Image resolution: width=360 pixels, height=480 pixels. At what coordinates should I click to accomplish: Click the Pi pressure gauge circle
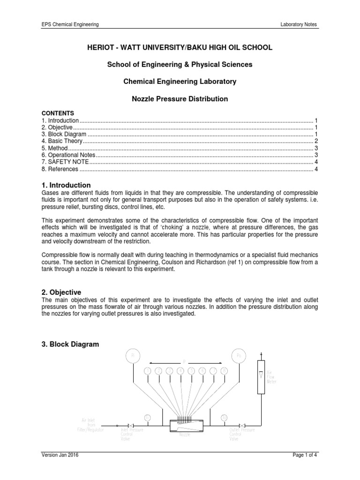133,356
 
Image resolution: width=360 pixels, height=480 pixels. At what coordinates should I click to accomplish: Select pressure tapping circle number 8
224,371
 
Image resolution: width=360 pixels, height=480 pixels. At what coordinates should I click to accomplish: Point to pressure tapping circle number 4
180,371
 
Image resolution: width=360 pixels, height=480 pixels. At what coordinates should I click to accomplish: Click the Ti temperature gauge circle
147,417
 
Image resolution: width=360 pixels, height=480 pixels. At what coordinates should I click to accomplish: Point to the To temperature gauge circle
224,417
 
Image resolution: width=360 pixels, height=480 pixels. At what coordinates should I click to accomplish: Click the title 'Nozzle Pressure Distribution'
180,99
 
